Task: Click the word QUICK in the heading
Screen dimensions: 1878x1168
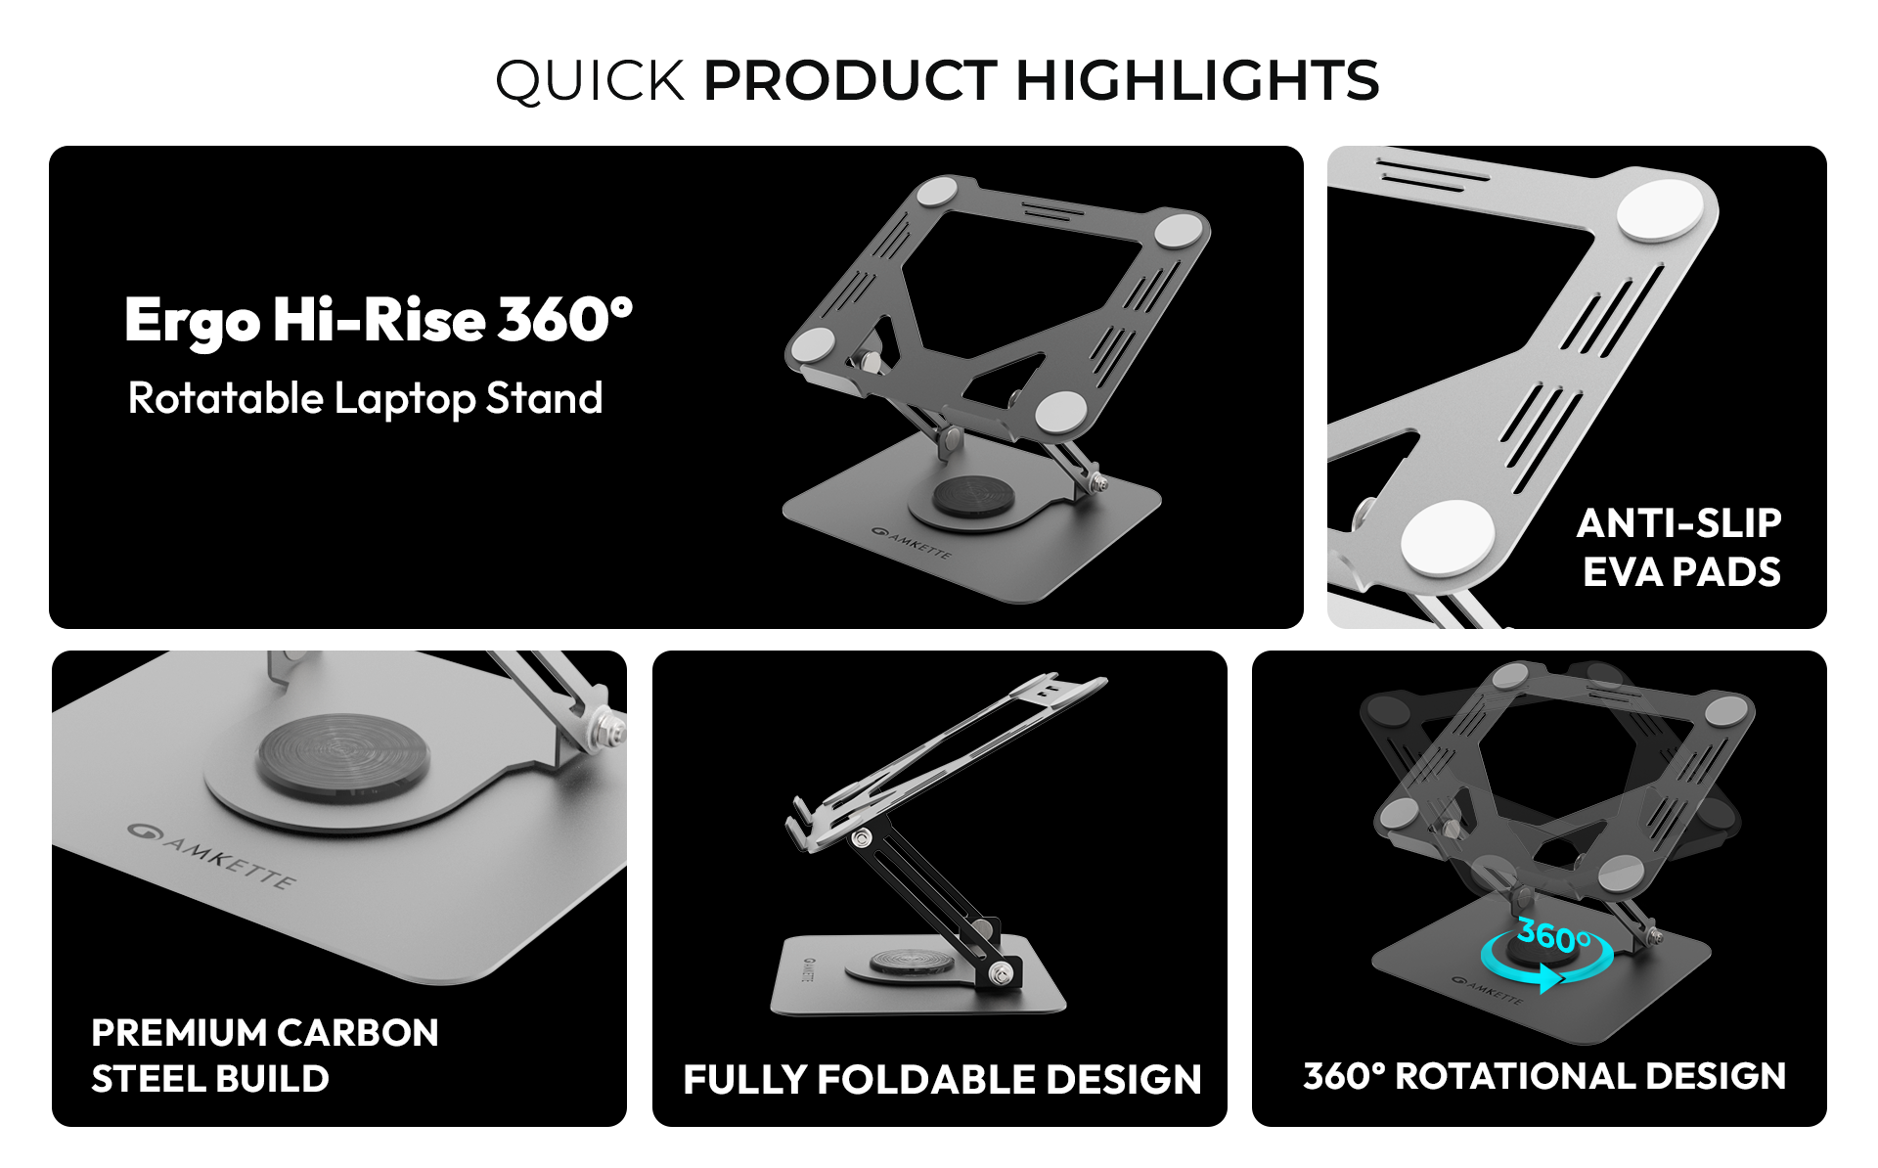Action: [590, 81]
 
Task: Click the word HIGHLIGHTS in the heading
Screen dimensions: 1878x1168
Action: [1198, 80]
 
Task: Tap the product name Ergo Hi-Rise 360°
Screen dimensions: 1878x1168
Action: [379, 321]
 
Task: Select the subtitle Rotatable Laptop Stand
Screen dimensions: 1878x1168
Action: [365, 399]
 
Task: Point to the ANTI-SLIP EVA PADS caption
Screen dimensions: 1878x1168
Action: [1679, 548]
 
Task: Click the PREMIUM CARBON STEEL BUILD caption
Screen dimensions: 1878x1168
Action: [265, 1056]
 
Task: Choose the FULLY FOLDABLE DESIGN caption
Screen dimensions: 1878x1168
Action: [942, 1080]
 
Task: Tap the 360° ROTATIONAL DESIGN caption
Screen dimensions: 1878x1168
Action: [1544, 1076]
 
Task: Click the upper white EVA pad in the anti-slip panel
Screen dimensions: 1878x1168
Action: [1661, 209]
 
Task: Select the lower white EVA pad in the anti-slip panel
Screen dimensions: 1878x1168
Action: [1448, 538]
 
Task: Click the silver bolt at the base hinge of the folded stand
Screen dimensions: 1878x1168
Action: [1001, 973]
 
